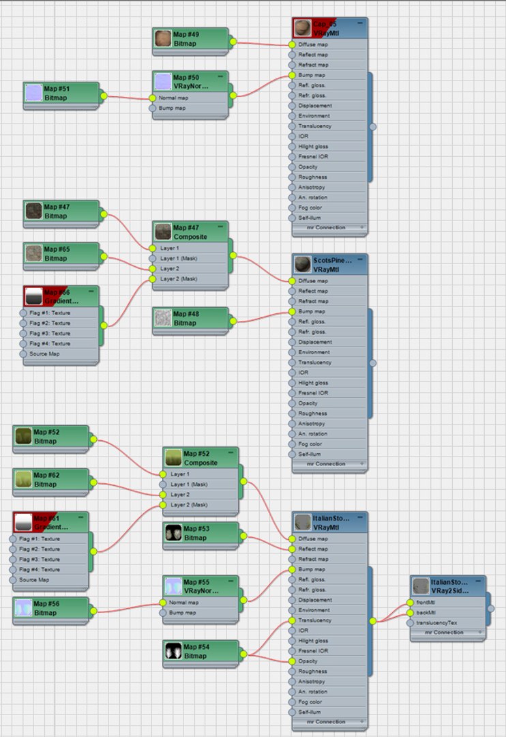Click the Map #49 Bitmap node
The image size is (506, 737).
click(191, 39)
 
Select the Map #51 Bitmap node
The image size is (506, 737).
click(61, 93)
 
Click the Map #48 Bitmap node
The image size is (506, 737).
click(191, 318)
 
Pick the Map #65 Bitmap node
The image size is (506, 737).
click(61, 254)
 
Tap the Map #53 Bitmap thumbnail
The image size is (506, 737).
click(173, 533)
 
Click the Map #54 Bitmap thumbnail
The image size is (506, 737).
click(173, 651)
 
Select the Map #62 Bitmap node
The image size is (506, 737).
click(51, 479)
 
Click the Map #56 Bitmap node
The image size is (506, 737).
click(51, 608)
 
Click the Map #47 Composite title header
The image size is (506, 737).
click(191, 231)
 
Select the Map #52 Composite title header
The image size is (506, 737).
click(201, 458)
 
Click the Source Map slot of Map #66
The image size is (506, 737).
click(45, 354)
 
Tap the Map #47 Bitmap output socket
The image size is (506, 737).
click(104, 214)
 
